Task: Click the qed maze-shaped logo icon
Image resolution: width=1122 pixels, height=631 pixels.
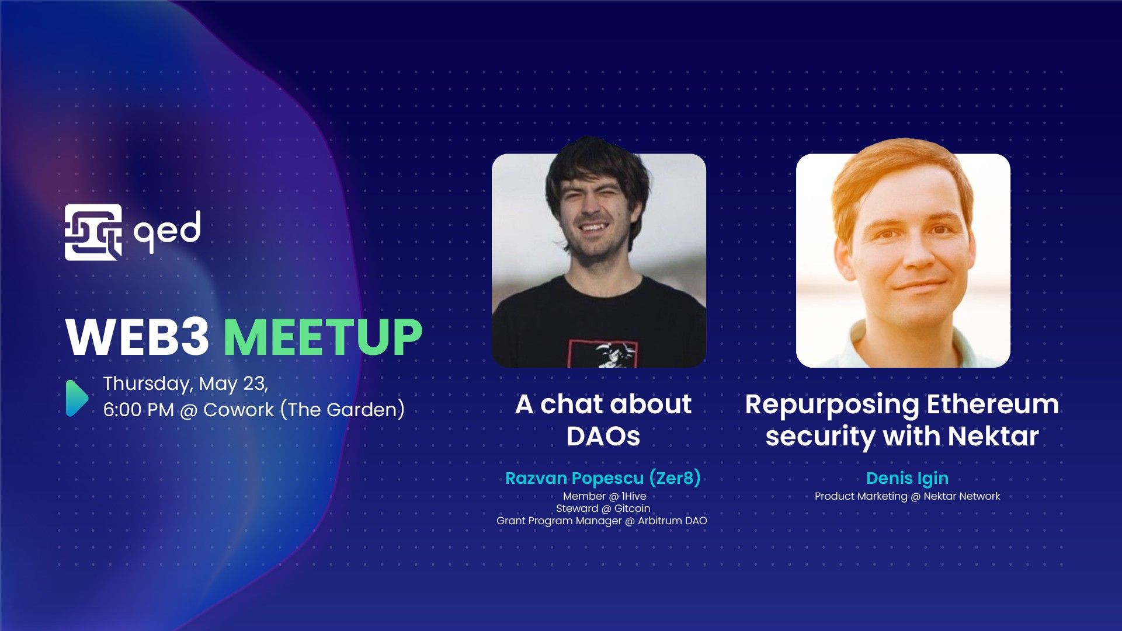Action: pyautogui.click(x=93, y=232)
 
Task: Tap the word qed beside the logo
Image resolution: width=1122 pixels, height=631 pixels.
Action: pyautogui.click(x=167, y=232)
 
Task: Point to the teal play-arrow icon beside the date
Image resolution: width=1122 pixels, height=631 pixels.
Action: pyautogui.click(x=77, y=398)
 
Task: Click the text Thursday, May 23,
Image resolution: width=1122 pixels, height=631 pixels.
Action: pyautogui.click(x=185, y=384)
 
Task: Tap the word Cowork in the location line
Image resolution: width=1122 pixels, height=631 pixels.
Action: pyautogui.click(x=238, y=410)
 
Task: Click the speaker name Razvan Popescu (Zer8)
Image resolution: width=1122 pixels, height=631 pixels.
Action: pyautogui.click(x=602, y=478)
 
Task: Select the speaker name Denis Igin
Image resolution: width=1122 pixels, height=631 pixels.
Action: pyautogui.click(x=907, y=478)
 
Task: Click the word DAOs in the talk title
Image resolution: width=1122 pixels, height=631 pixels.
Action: pyautogui.click(x=603, y=436)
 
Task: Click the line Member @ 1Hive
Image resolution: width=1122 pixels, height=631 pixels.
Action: pyautogui.click(x=604, y=496)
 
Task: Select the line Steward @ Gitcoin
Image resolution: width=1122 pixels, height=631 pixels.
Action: pyautogui.click(x=603, y=508)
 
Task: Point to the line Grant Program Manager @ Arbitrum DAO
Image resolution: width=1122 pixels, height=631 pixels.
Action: pyautogui.click(x=602, y=521)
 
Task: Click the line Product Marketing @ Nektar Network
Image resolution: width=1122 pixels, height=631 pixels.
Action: pyautogui.click(x=907, y=496)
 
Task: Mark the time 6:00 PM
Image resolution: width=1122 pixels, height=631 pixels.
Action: pyautogui.click(x=138, y=410)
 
